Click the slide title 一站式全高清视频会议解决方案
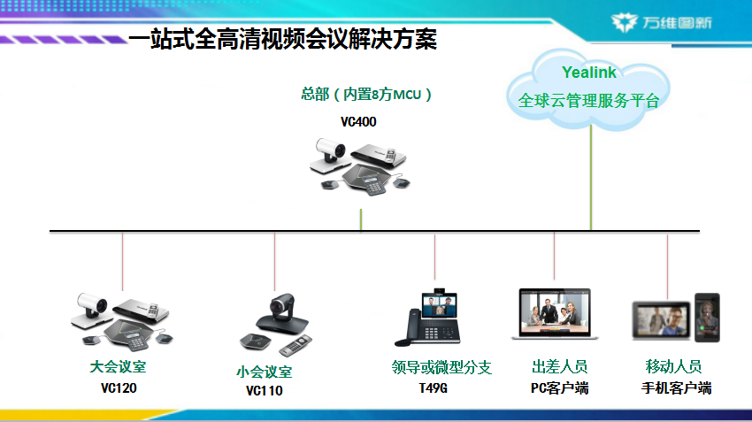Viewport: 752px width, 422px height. tap(283, 39)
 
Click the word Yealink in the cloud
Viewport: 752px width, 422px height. tap(589, 73)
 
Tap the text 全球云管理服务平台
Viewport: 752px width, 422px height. tap(588, 101)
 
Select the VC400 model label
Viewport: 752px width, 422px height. tap(358, 122)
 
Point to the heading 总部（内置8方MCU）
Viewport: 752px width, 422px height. tap(366, 94)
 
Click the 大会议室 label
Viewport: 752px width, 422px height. tap(118, 367)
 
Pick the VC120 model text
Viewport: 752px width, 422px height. tap(119, 388)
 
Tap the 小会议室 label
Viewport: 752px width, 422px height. tap(264, 372)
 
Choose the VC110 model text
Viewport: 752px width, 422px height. tap(265, 391)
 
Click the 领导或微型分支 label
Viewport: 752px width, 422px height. tap(441, 367)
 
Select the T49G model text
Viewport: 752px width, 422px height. tap(434, 388)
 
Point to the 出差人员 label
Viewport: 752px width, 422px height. tap(560, 367)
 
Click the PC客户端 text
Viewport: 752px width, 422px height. tap(560, 388)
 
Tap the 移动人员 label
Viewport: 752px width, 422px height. tap(673, 367)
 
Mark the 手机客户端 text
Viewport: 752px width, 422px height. tap(676, 388)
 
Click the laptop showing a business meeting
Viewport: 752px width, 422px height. tap(555, 314)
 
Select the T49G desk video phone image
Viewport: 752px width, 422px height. tap(427, 317)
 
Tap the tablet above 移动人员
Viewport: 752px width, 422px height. tap(662, 321)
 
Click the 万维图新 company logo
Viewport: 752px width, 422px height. tap(662, 22)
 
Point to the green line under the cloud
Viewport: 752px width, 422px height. tap(591, 178)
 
